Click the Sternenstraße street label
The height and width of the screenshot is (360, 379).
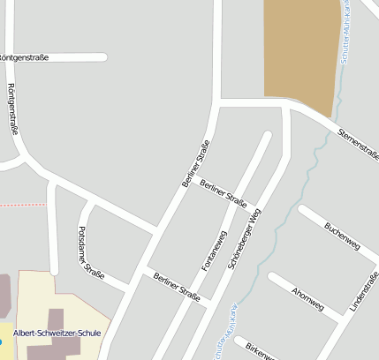357,141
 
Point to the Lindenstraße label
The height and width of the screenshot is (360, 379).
363,292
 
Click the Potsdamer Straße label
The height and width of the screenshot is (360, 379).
91,252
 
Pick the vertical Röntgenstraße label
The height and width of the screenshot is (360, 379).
12,109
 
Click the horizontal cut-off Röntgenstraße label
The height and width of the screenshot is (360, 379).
25,57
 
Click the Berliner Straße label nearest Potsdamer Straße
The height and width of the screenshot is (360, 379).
176,288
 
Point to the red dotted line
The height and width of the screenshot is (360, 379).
22,204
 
